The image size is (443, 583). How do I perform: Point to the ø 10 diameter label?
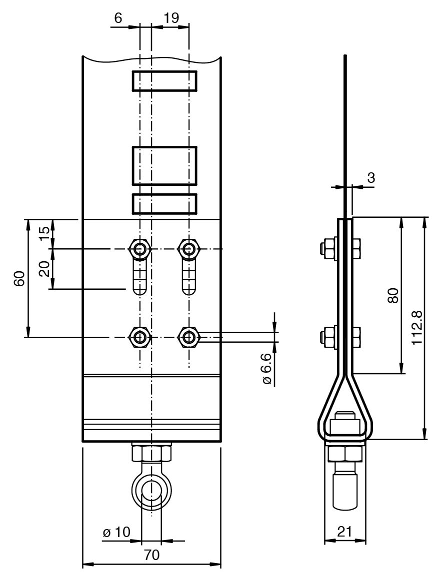tap(116, 533)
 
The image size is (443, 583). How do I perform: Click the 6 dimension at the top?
tap(118, 17)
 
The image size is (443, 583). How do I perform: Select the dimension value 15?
tap(44, 233)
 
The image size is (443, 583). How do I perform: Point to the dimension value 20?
tap(44, 268)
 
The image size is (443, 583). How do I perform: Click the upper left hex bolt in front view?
tap(140, 248)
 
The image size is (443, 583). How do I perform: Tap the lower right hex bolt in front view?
tap(188, 337)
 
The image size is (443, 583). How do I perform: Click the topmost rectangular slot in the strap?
tap(164, 81)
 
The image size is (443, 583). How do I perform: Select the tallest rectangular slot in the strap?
tap(164, 165)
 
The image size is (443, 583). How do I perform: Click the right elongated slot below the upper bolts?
tap(188, 277)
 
